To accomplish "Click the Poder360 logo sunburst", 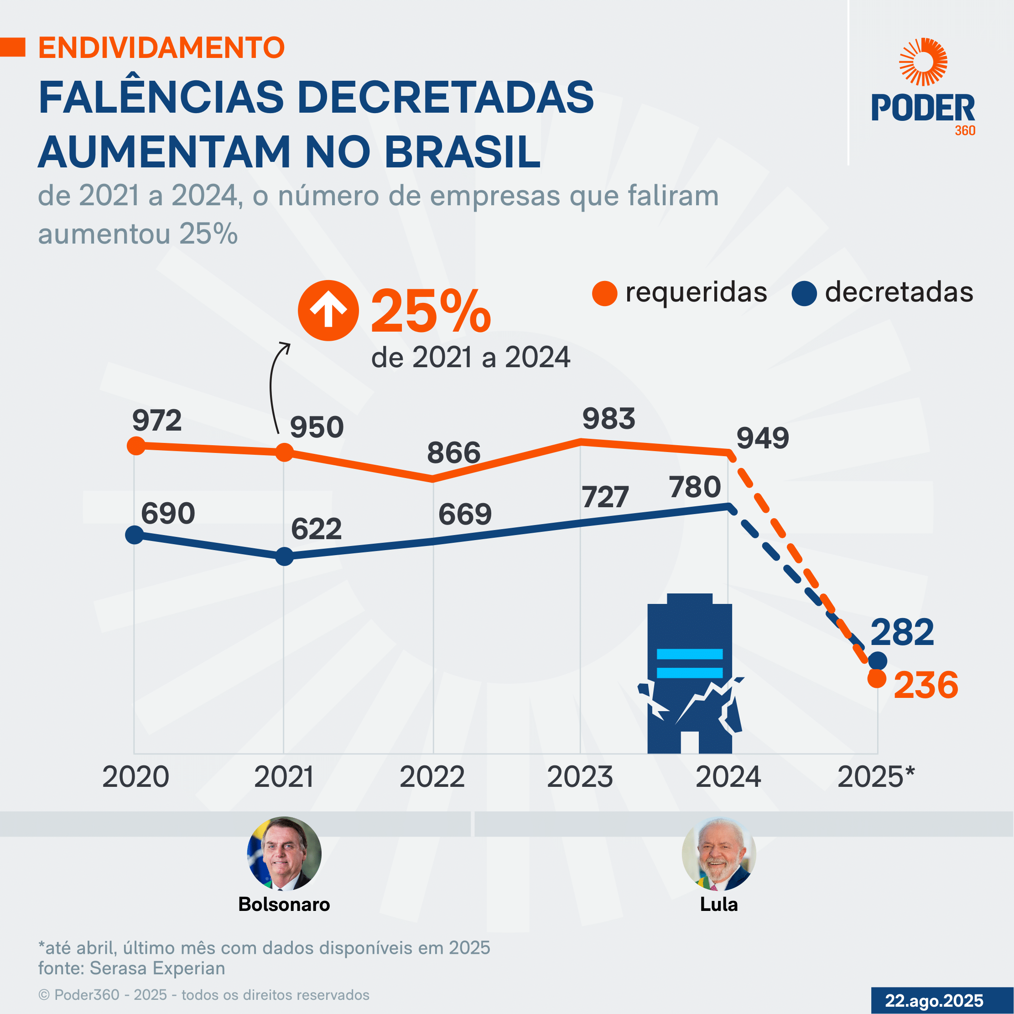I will click(x=923, y=62).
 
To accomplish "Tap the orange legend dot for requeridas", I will click(x=604, y=293).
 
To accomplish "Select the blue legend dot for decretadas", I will click(x=804, y=293).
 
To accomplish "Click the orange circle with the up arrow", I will click(x=328, y=311).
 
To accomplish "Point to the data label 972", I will click(x=156, y=421).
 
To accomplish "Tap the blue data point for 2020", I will click(x=135, y=535).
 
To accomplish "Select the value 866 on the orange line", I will click(x=453, y=452).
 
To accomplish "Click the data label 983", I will click(x=608, y=419).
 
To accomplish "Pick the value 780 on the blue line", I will click(x=694, y=487).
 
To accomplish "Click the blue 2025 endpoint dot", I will click(x=878, y=661).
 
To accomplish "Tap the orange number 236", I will click(x=926, y=686).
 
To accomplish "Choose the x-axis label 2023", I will click(x=579, y=777).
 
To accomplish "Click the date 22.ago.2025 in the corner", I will click(x=934, y=1000).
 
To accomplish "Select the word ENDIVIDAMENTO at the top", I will click(x=161, y=48).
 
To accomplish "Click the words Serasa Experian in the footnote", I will click(x=157, y=968).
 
